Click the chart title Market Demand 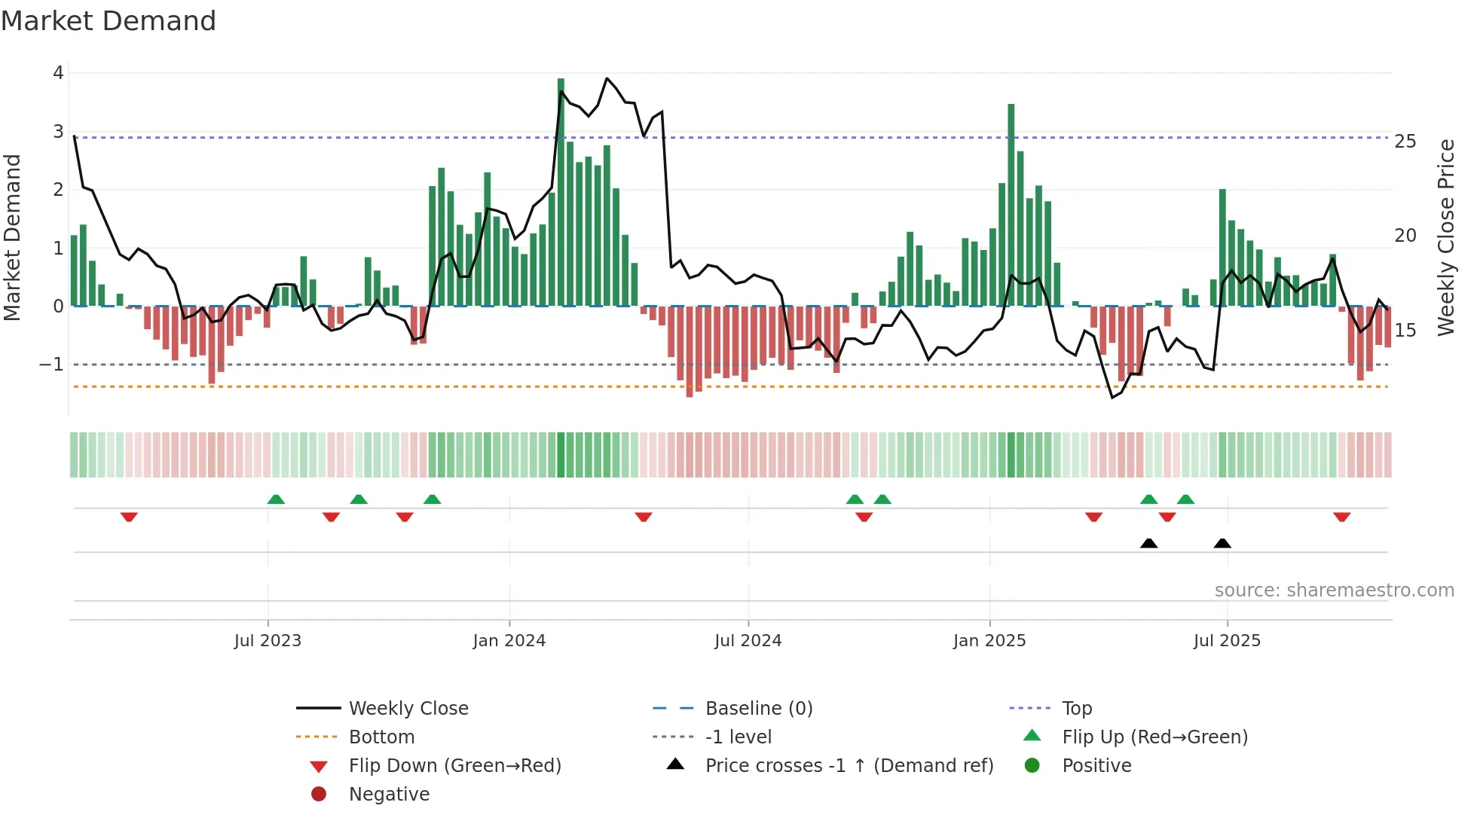click(x=109, y=21)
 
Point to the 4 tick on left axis click(x=58, y=73)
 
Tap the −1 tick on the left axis click(x=52, y=365)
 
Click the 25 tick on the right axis click(x=1405, y=142)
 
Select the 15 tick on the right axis click(x=1405, y=330)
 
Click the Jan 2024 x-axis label click(x=509, y=641)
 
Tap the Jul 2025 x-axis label click(x=1226, y=641)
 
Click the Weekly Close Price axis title click(x=1445, y=237)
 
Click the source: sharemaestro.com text click(x=1334, y=590)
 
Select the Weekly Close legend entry click(x=408, y=709)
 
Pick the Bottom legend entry click(x=381, y=737)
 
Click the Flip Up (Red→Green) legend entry click(x=1154, y=737)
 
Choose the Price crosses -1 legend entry click(x=849, y=766)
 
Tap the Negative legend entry click(x=389, y=795)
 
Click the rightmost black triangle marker click(x=1222, y=544)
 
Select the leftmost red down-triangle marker click(x=129, y=517)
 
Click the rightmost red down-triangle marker click(x=1341, y=517)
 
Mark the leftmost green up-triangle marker click(x=276, y=499)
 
